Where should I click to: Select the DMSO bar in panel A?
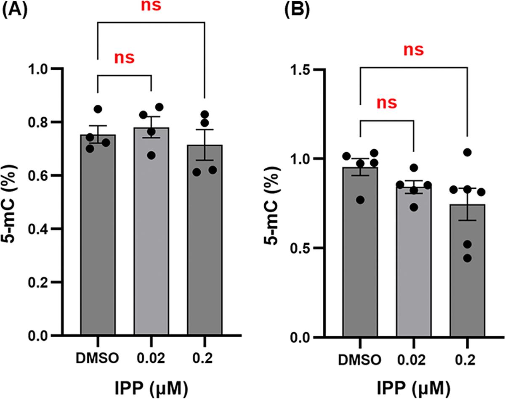98,235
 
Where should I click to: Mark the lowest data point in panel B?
467,258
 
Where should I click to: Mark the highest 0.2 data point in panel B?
467,152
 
